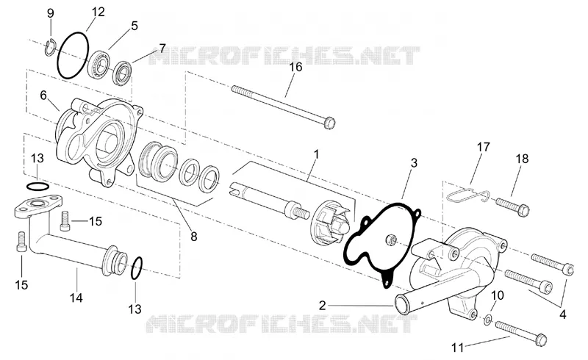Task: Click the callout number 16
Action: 295,67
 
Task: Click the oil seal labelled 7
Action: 123,73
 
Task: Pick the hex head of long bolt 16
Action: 329,123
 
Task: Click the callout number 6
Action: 43,96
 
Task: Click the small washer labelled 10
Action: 488,320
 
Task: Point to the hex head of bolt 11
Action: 540,339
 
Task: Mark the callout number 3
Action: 414,163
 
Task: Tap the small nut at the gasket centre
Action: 390,239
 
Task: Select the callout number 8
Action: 193,237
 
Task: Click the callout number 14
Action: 76,298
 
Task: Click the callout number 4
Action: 562,314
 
